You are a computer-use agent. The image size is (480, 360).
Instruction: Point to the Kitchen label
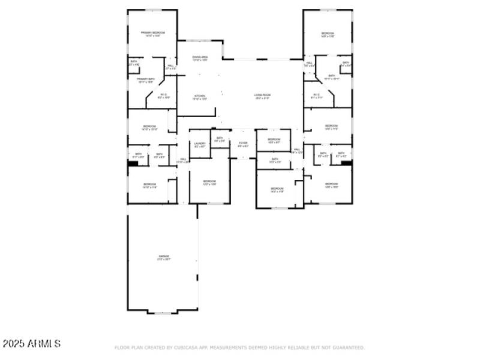200,97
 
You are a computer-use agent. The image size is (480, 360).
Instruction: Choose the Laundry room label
200,145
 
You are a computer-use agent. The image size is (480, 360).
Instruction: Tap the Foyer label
243,145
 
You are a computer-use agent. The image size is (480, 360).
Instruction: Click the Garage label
164,257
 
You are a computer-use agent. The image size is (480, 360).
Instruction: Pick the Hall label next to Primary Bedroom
171,67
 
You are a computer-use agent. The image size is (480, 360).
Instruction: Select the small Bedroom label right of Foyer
274,140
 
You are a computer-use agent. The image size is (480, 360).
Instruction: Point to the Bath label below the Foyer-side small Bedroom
275,160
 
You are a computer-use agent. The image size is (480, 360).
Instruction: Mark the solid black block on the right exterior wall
346,162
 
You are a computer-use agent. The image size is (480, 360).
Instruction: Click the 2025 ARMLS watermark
31,344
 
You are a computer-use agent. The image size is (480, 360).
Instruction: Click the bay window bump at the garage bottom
163,312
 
